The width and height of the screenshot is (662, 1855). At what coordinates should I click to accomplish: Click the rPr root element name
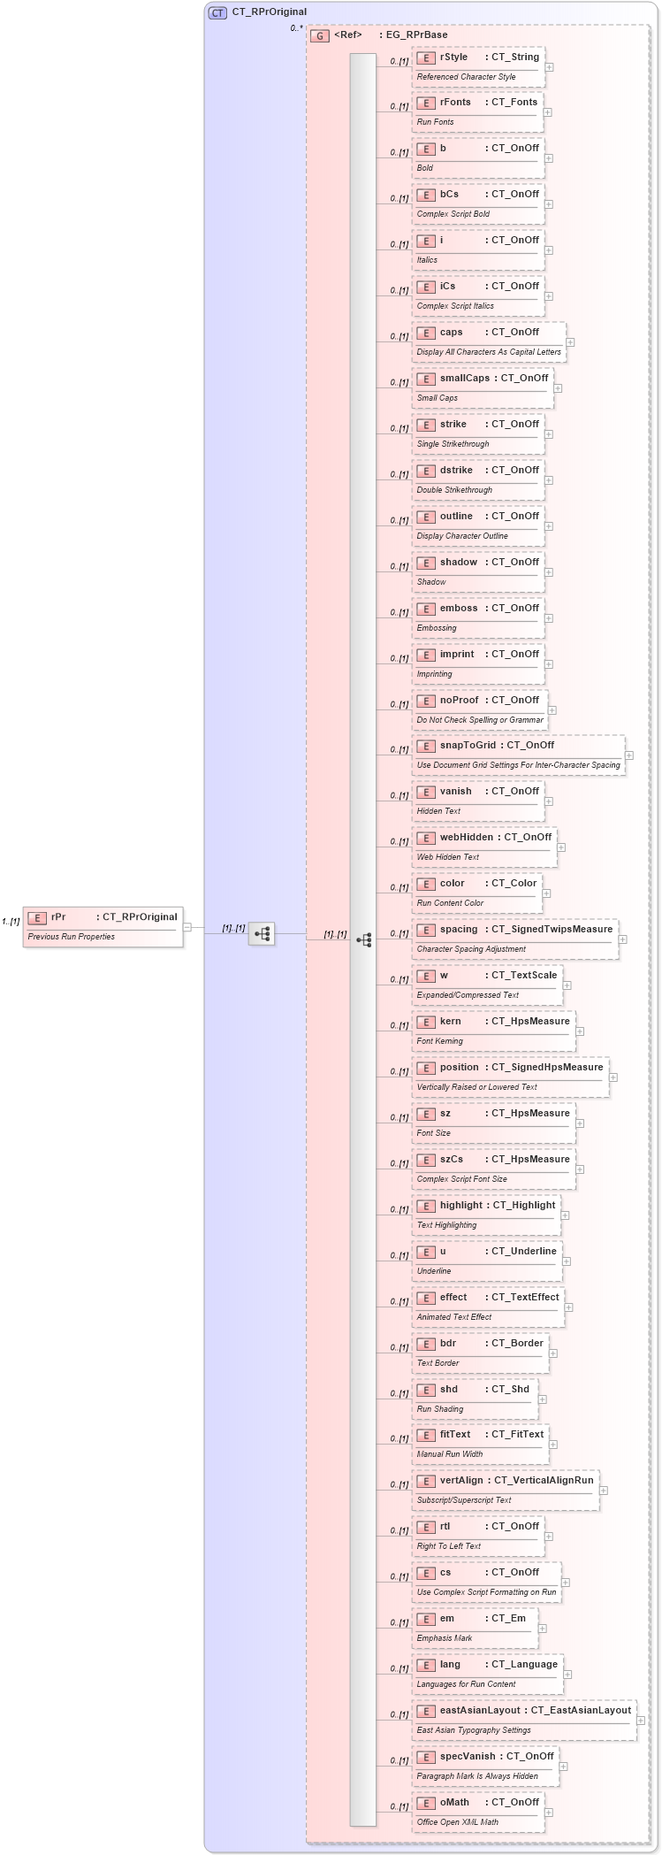(x=58, y=917)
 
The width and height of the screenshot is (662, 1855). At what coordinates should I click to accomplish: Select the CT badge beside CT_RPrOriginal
(x=217, y=12)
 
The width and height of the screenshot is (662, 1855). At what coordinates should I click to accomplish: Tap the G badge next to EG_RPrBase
(x=320, y=35)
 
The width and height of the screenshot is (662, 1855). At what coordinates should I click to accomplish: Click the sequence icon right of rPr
(x=263, y=933)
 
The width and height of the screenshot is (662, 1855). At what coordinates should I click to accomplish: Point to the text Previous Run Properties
(x=71, y=937)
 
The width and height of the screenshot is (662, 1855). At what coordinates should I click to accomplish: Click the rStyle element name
(x=453, y=57)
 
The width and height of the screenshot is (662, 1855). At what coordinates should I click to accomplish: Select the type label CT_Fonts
(x=514, y=103)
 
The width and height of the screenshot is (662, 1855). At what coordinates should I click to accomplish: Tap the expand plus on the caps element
(x=570, y=342)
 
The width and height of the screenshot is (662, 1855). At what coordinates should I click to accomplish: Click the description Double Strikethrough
(x=454, y=490)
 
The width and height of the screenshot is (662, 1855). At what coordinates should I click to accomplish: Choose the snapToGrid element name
(x=468, y=746)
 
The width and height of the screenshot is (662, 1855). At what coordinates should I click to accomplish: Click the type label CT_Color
(x=514, y=884)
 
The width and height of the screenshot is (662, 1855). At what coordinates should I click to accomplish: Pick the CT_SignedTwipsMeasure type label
(x=552, y=930)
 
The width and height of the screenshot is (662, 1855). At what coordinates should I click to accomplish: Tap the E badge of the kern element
(x=425, y=1023)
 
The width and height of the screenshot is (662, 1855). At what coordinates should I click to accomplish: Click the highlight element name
(x=461, y=1206)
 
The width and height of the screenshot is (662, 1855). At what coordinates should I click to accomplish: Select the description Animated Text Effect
(x=454, y=1317)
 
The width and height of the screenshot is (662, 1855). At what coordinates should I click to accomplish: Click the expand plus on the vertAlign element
(x=604, y=1491)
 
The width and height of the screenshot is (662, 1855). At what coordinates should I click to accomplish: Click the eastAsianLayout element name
(x=480, y=1711)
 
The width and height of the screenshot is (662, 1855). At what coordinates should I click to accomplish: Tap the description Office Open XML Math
(x=457, y=1822)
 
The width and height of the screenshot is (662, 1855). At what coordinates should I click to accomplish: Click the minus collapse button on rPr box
(x=187, y=927)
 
